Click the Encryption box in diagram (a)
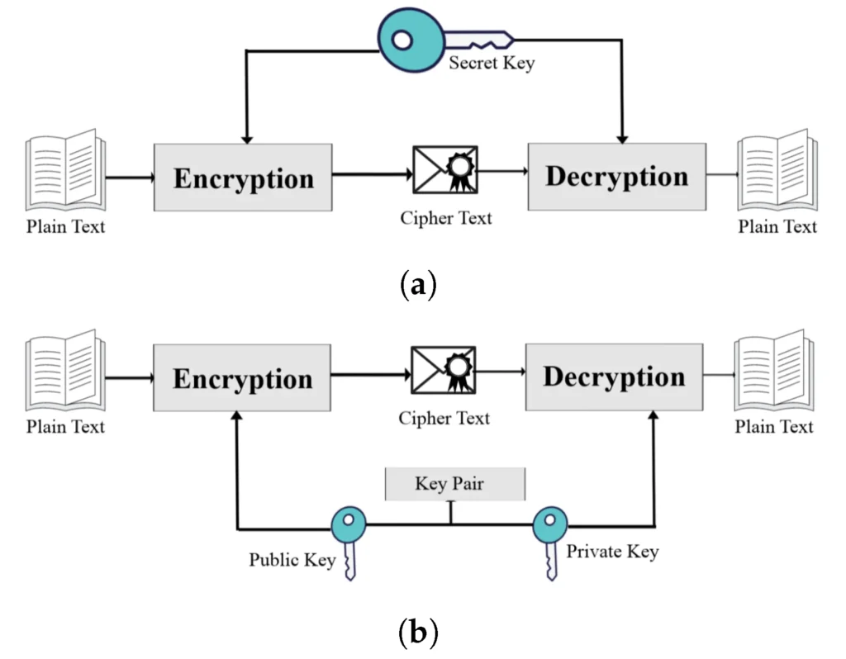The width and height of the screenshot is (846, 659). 243,178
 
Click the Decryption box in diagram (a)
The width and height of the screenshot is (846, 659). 616,177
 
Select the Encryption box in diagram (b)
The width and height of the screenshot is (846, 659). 242,378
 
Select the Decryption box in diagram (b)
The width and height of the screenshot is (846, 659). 614,377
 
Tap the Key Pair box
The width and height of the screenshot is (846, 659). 454,483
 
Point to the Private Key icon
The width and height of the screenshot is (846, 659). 549,537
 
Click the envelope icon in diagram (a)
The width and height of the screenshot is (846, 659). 445,168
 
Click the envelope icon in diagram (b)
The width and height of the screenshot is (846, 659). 444,369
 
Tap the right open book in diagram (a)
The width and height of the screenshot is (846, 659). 777,172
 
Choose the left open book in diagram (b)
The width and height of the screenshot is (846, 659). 65,372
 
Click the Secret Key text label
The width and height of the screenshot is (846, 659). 492,63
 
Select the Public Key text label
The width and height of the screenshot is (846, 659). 292,560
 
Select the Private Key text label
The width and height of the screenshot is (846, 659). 612,551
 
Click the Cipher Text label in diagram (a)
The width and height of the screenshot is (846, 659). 446,218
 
